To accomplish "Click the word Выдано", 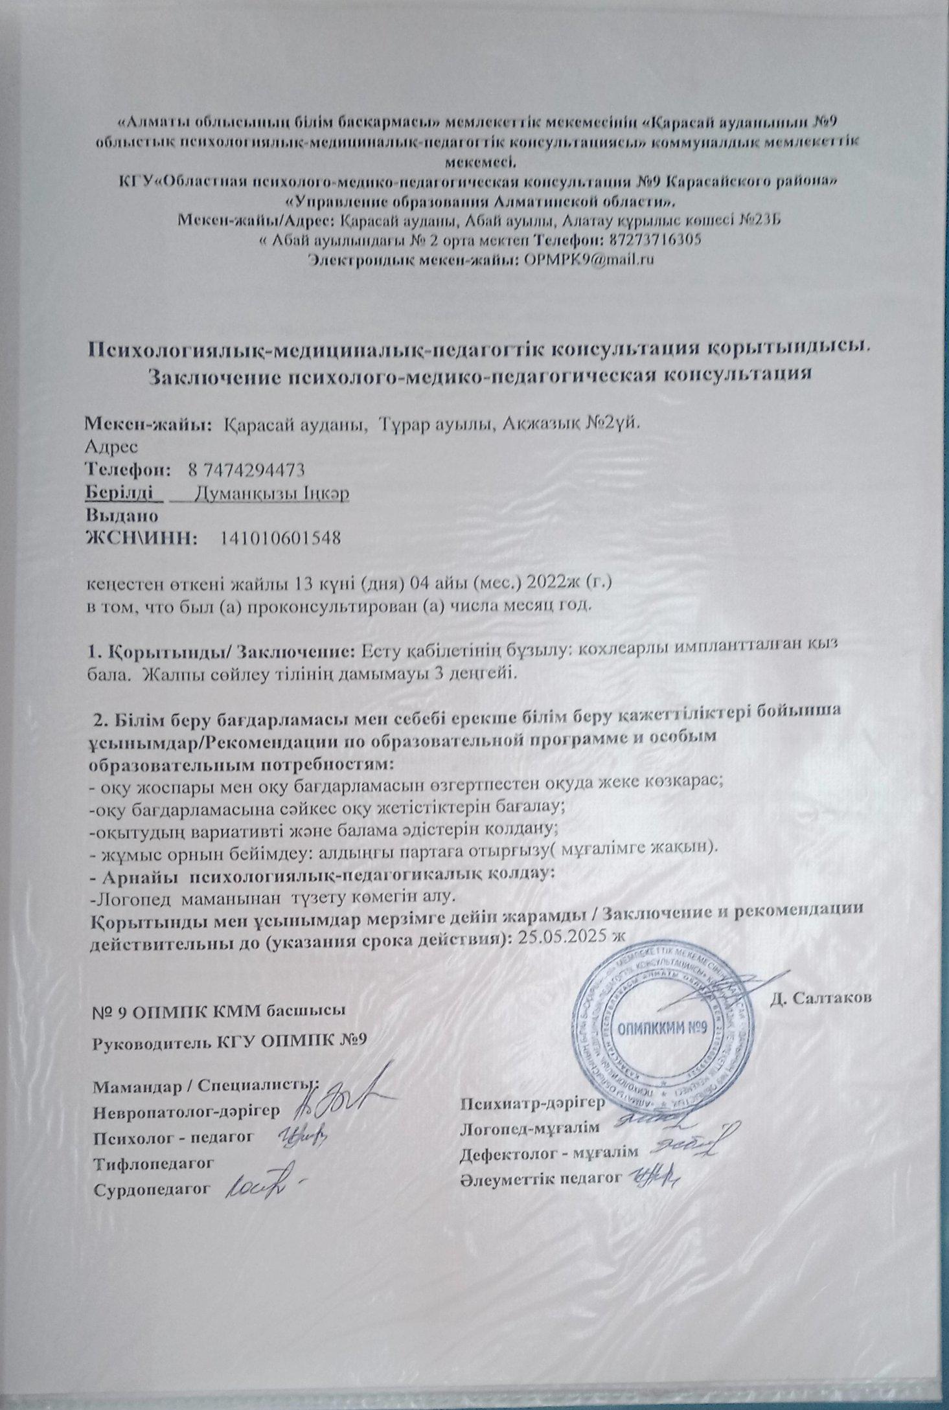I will click(122, 516).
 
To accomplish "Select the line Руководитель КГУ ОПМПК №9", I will click(231, 1041).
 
